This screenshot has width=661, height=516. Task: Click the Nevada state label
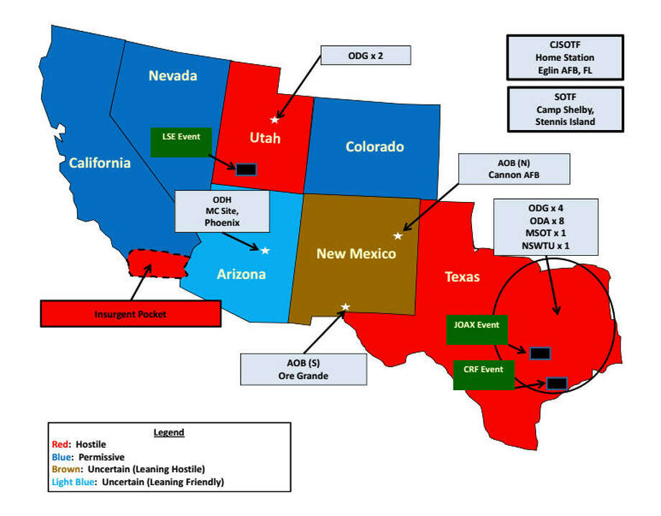172,75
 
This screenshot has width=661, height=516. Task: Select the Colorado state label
374,147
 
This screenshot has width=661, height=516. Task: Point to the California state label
100,163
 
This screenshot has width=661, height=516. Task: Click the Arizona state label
241,274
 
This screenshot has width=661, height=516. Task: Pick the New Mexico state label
357,254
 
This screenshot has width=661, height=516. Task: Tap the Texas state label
462,276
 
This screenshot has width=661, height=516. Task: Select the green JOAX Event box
476,330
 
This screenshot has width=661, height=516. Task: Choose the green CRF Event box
483,374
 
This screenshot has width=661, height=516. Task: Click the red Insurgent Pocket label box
130,314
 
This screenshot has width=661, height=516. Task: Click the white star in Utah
274,120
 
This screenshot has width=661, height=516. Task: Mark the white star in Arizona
264,250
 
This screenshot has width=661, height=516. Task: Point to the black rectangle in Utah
246,169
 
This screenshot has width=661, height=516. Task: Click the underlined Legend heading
169,432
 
